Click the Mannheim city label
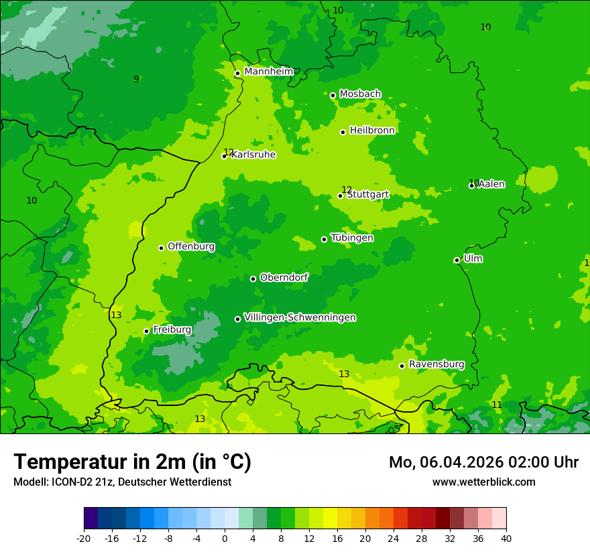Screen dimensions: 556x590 pyautogui.click(x=268, y=71)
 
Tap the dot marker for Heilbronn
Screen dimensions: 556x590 pyautogui.click(x=343, y=132)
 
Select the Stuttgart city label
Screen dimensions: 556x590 pyautogui.click(x=368, y=194)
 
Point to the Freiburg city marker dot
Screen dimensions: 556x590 pyautogui.click(x=146, y=331)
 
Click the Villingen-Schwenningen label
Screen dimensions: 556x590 pyautogui.click(x=300, y=318)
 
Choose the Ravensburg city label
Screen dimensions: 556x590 pyautogui.click(x=436, y=364)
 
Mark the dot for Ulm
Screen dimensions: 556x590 pyautogui.click(x=457, y=260)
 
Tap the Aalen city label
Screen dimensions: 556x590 pyautogui.click(x=491, y=184)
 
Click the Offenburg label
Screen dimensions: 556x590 pyautogui.click(x=191, y=247)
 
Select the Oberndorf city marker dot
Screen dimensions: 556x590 pyautogui.click(x=253, y=279)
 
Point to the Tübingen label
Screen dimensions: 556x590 pyautogui.click(x=352, y=238)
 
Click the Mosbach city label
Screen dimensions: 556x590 pyautogui.click(x=360, y=94)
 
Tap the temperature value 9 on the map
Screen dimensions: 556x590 pyautogui.click(x=136, y=79)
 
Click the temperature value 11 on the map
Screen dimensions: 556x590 pyautogui.click(x=497, y=405)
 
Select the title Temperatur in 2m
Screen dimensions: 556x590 pyautogui.click(x=132, y=462)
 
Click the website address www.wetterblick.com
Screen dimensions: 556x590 pyautogui.click(x=483, y=482)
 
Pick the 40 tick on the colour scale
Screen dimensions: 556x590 pyautogui.click(x=506, y=537)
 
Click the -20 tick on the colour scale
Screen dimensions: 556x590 pyautogui.click(x=84, y=537)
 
